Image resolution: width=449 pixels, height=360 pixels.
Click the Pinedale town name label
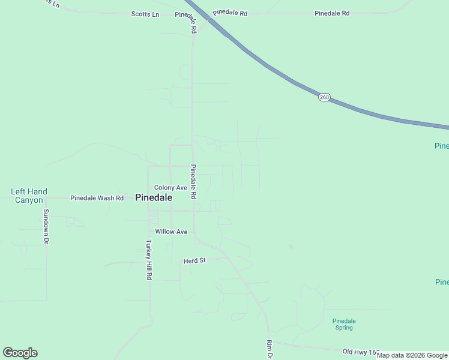(154, 197)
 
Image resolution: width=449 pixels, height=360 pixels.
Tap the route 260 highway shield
(324, 97)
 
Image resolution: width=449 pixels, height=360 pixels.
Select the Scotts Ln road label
(145, 14)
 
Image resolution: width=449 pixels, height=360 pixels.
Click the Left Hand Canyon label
(28, 196)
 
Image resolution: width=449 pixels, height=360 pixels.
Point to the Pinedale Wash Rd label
(97, 198)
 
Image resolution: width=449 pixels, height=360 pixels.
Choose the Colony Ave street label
(170, 188)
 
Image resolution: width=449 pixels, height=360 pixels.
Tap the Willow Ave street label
(171, 232)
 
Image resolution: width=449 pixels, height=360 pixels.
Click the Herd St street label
(194, 261)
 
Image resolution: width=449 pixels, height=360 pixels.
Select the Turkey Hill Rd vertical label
(148, 260)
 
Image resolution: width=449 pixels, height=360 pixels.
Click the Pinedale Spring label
(344, 324)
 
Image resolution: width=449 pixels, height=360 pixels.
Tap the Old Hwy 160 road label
(362, 352)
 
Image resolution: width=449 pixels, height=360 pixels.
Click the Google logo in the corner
(20, 353)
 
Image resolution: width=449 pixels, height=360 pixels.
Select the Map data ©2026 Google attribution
(412, 355)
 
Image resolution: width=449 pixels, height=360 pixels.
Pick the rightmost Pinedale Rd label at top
(332, 13)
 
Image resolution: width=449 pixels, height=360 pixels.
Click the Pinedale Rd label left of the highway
(230, 13)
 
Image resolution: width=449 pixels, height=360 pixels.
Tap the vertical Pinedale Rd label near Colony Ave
(193, 182)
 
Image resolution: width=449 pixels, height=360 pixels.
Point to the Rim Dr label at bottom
(270, 350)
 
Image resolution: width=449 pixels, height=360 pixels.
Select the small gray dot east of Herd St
(290, 246)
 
